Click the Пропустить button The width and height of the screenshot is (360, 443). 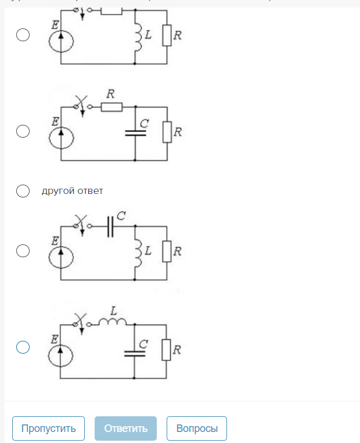(48, 428)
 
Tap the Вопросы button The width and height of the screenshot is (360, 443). (197, 428)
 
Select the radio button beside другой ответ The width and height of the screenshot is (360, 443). (23, 191)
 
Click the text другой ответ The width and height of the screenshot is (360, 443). (72, 190)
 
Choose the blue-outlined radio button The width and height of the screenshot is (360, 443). (23, 347)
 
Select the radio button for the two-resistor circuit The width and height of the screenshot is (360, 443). (23, 131)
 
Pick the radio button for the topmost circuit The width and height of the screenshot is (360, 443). (23, 35)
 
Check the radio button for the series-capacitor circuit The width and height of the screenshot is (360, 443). (23, 251)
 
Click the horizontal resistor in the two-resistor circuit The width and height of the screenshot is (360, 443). (111, 107)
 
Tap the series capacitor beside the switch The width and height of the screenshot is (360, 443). (111, 227)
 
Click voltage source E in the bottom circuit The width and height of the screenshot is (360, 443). (61, 354)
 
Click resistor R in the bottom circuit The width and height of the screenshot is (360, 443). (167, 350)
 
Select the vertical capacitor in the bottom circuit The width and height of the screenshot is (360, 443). (135, 352)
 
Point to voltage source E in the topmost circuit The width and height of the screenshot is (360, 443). (61, 41)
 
